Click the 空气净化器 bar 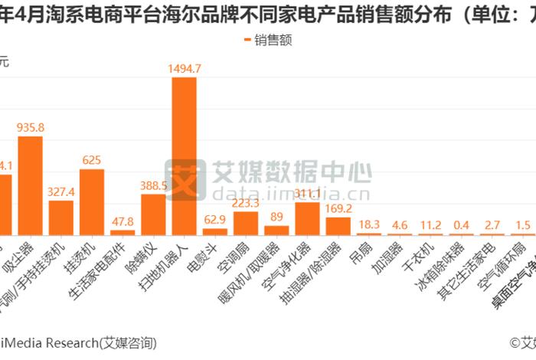point(307,218)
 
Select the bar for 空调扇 point(246,223)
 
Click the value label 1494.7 point(184,68)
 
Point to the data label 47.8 point(123,221)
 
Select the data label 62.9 point(214,220)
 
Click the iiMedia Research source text point(77,342)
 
